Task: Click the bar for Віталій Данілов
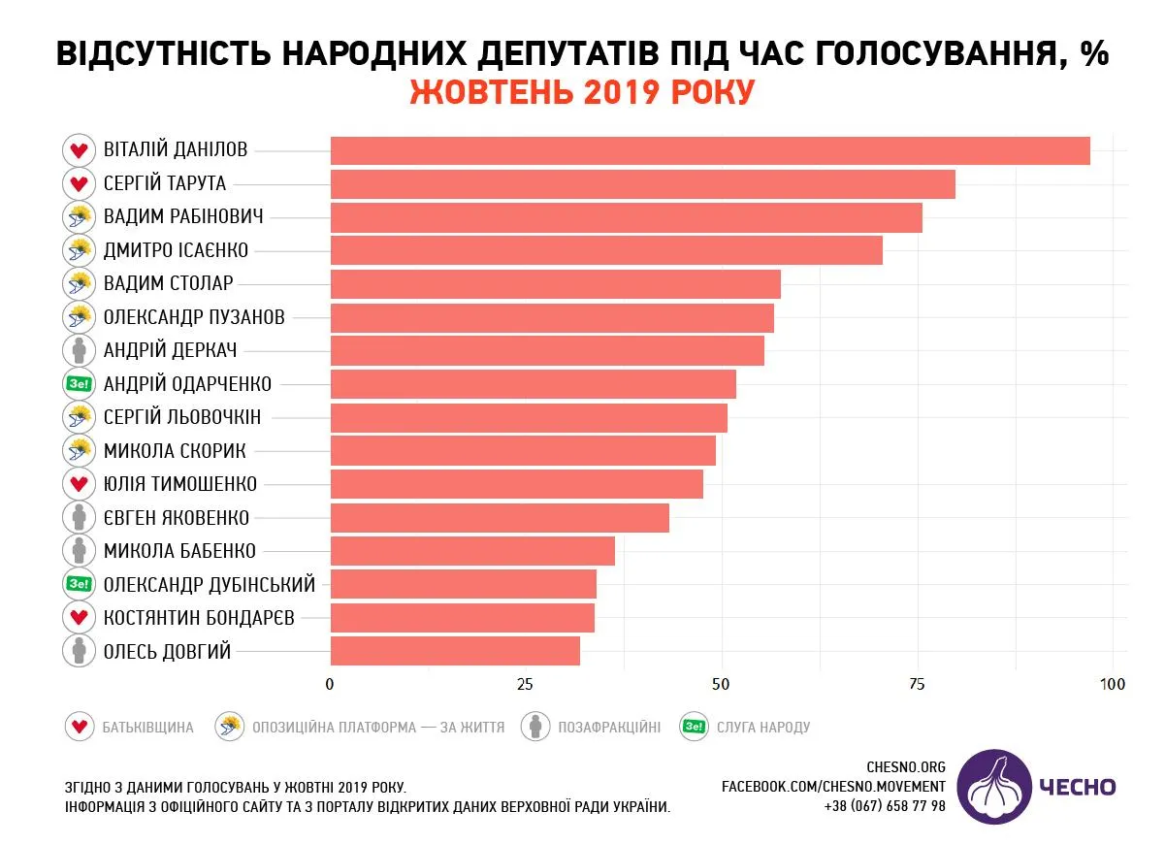[x=710, y=151]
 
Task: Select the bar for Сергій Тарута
[x=642, y=184]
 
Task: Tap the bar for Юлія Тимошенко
[x=516, y=484]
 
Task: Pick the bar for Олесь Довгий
[x=455, y=651]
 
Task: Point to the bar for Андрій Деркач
[x=547, y=350]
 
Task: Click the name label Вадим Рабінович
[x=183, y=217]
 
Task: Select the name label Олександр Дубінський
[x=210, y=585]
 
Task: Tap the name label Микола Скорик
[x=175, y=451]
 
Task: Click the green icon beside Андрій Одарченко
[x=78, y=384]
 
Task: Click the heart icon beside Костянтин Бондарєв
[x=78, y=617]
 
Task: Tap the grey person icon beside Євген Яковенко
[x=78, y=517]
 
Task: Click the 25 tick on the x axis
[x=526, y=684]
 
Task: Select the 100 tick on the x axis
[x=1113, y=684]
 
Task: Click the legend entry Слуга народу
[x=761, y=727]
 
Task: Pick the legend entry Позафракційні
[x=608, y=727]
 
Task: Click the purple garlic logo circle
[x=995, y=787]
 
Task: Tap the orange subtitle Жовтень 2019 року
[x=582, y=93]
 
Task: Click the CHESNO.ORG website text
[x=905, y=767]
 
